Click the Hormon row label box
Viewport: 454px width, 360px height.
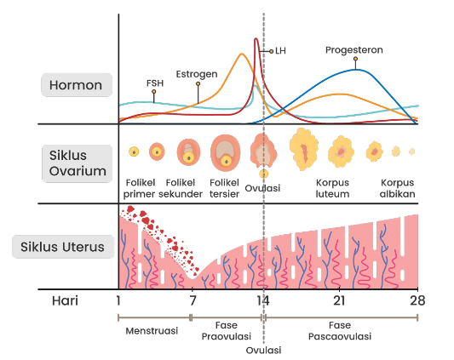[x=77, y=85]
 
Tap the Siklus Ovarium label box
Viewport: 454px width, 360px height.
[x=77, y=163]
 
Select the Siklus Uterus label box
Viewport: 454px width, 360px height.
[x=63, y=247]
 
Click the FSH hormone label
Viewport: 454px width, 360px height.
[x=155, y=83]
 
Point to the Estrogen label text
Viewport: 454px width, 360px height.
[x=197, y=74]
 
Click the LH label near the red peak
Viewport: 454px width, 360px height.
[x=280, y=51]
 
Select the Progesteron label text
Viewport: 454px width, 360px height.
[x=354, y=50]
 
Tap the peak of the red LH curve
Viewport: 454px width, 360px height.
[x=256, y=38]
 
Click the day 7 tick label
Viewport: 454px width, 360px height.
[x=193, y=300]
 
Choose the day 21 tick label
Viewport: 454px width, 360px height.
[x=339, y=300]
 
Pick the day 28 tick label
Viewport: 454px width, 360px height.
[x=417, y=300]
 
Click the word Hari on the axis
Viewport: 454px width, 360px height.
[x=65, y=300]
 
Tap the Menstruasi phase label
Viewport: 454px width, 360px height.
[x=152, y=331]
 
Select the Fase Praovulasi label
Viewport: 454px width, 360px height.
[x=226, y=331]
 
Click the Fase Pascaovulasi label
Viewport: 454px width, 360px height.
[x=340, y=331]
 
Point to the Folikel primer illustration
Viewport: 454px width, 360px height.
[x=134, y=151]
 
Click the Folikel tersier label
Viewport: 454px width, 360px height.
[x=224, y=188]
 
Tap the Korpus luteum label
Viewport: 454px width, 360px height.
[x=332, y=188]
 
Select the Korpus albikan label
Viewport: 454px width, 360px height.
[x=397, y=188]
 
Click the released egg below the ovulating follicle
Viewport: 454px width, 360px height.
[x=263, y=174]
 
